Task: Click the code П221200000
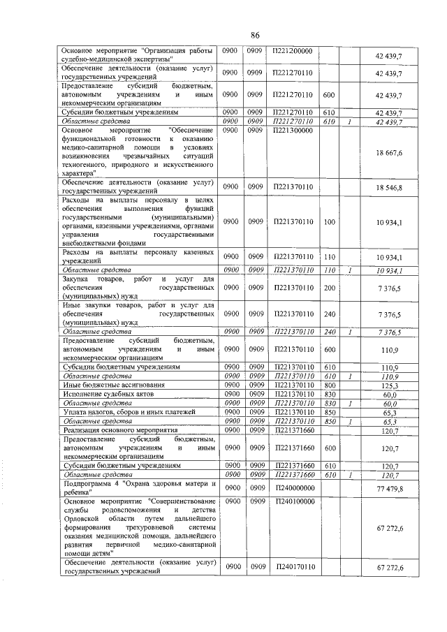pos(293,51)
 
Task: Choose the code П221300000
pos(293,131)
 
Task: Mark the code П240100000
pos(293,501)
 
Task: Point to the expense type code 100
pos(330,222)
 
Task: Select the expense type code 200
pos(330,288)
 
